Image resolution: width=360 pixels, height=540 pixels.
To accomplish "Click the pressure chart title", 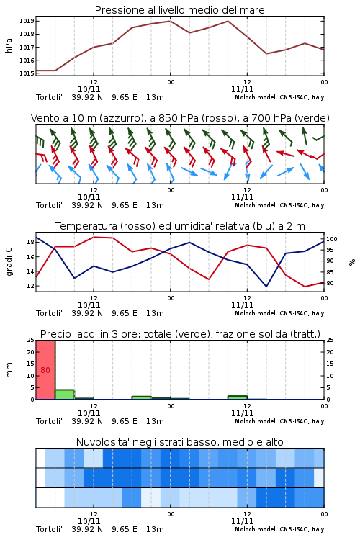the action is [179, 10].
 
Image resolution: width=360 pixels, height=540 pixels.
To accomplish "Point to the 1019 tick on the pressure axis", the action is [27, 21].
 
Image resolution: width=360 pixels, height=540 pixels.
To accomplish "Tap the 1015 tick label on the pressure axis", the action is [27, 73].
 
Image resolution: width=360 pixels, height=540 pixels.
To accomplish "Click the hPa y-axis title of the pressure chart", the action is [9, 45].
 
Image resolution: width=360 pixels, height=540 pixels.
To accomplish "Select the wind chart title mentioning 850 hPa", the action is [180, 118].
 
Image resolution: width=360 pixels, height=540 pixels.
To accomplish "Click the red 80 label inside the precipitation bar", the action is [45, 370].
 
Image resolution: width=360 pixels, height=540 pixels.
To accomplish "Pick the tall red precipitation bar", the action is [45, 370].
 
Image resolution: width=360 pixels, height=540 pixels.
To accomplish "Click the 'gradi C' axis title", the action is [9, 262].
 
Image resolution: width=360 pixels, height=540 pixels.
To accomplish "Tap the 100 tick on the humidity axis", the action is [332, 239].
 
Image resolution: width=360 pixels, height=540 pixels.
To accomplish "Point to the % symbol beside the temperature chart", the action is [352, 262].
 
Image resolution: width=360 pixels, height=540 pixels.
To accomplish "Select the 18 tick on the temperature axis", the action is [30, 242].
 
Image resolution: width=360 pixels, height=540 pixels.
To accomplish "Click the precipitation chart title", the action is [180, 334].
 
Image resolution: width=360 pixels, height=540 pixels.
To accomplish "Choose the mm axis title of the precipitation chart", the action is [9, 370].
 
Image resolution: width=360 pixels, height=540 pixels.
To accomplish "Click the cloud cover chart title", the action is [179, 442].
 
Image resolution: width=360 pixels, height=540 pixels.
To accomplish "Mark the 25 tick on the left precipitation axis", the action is [30, 340].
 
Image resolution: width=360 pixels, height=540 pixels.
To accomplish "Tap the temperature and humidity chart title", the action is [180, 226].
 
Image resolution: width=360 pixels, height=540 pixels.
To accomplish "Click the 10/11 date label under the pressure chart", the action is [89, 89].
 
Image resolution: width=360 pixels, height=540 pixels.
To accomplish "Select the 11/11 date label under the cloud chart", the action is [242, 521].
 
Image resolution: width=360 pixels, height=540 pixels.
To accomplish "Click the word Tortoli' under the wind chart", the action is [49, 205].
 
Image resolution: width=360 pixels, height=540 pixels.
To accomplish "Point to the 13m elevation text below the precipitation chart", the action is [155, 421].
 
